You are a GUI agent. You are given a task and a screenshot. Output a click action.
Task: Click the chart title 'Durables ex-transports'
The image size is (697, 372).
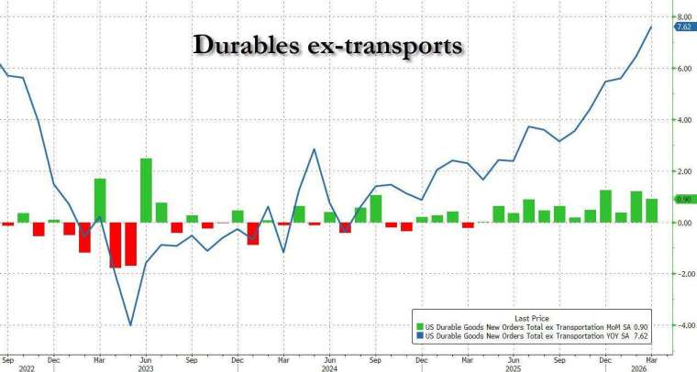(x=326, y=45)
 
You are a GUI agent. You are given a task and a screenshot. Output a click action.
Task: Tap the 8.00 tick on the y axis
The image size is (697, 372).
(x=683, y=16)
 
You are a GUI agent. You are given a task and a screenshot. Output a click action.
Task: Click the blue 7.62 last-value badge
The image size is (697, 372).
(x=683, y=27)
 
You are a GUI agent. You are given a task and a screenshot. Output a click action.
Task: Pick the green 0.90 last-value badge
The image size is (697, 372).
(x=683, y=200)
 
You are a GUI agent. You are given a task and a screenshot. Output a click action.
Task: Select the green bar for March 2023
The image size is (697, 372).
(x=100, y=201)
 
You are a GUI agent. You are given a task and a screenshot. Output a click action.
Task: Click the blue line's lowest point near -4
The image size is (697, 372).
(x=130, y=325)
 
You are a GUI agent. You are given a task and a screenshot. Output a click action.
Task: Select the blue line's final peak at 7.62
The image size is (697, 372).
(x=651, y=27)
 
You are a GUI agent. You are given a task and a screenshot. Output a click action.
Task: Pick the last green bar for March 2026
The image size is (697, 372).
(x=651, y=211)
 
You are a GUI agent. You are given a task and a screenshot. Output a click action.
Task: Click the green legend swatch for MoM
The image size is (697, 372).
(x=419, y=326)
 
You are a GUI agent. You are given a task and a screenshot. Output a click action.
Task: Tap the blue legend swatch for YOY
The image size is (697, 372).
(x=419, y=336)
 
